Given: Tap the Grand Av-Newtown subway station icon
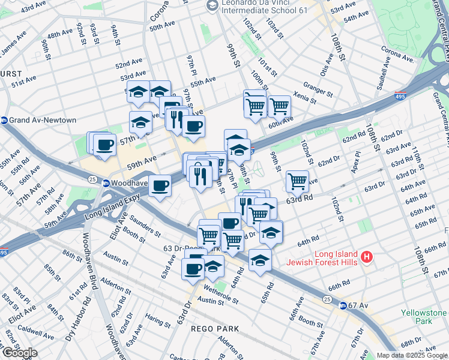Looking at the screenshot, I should click(x=5, y=120).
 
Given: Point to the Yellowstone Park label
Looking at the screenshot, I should click(x=431, y=317).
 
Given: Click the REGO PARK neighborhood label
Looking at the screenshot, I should click(x=206, y=329).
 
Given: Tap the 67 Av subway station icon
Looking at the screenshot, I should click(x=343, y=305).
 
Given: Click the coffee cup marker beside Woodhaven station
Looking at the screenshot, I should click(x=160, y=185).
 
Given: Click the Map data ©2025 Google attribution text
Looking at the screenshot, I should click(x=412, y=355).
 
